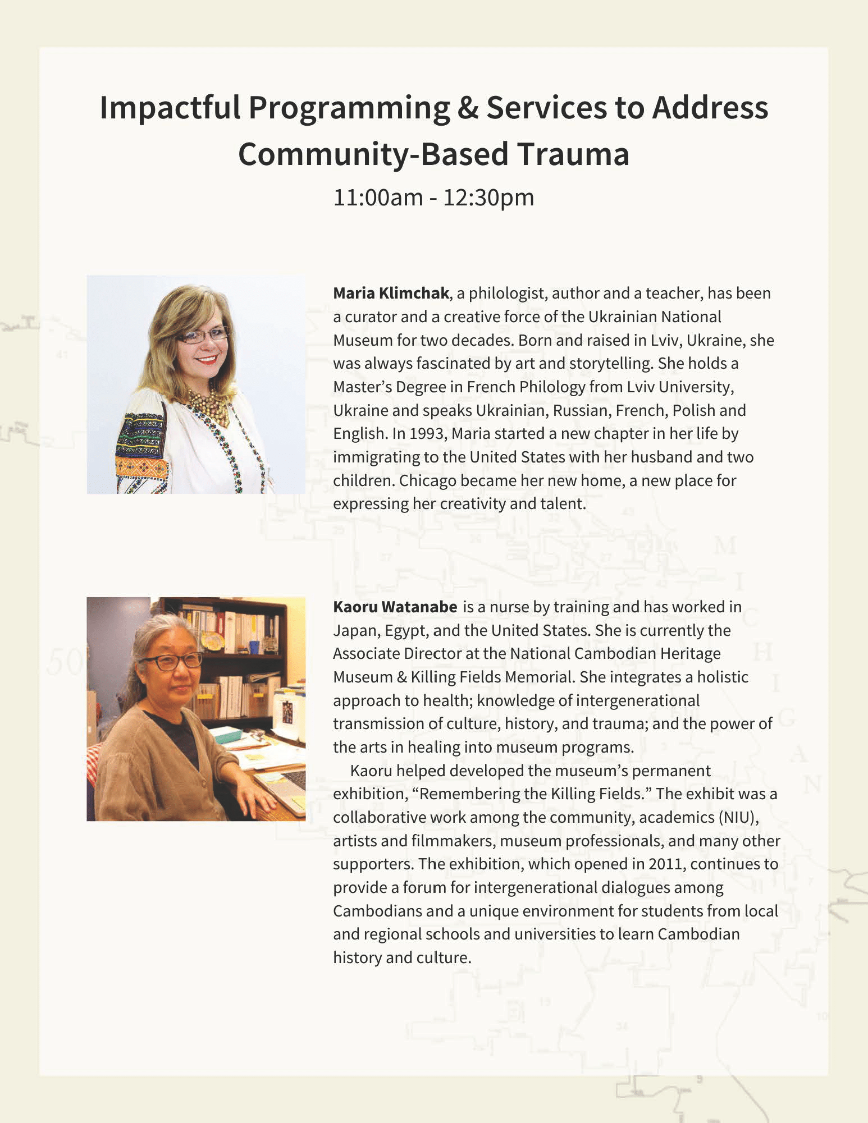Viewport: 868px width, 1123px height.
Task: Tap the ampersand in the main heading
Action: (468, 108)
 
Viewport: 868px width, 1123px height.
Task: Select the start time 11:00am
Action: (378, 198)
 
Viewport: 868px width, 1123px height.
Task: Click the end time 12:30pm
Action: (488, 198)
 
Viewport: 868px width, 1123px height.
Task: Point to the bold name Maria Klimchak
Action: (391, 293)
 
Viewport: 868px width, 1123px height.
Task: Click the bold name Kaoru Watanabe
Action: (395, 607)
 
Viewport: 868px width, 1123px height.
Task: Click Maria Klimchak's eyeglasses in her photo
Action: (203, 336)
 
